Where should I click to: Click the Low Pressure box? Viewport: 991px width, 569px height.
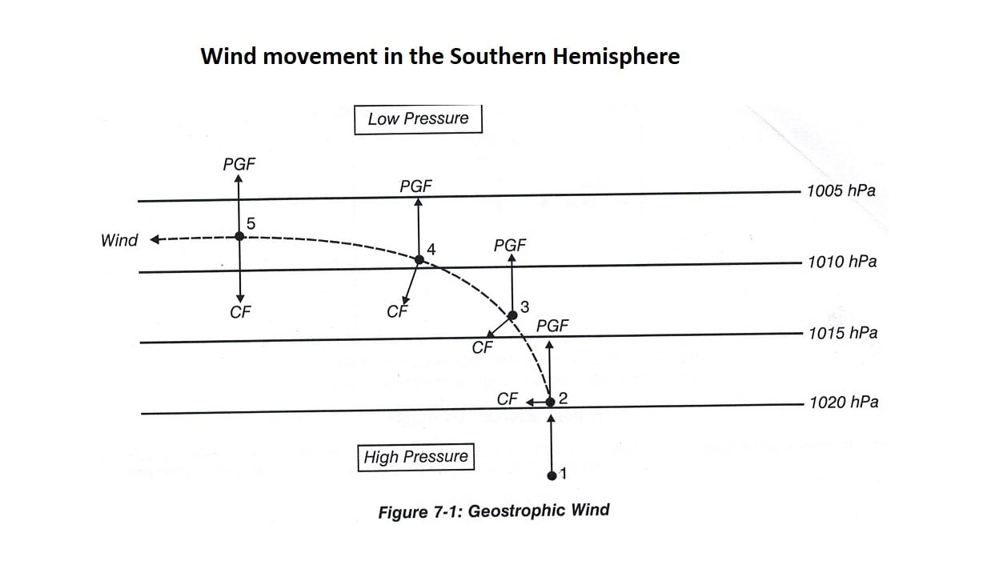(x=418, y=119)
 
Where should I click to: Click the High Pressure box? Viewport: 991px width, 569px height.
(x=415, y=457)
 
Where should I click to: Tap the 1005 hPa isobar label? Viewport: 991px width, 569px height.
(x=841, y=191)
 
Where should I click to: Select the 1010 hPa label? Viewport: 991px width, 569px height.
(x=841, y=262)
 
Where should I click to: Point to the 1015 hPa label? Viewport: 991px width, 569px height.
(x=842, y=333)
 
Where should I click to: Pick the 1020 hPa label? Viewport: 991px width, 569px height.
(x=843, y=403)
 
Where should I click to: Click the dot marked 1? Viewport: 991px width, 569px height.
(x=552, y=475)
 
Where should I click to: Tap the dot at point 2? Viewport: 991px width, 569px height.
(x=550, y=401)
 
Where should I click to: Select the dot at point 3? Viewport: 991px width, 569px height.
(x=513, y=315)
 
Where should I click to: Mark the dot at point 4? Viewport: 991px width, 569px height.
(x=419, y=259)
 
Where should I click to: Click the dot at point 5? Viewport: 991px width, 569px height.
(x=239, y=236)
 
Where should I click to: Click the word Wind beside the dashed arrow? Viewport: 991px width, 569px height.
(x=119, y=240)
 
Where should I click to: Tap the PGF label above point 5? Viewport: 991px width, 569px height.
(x=239, y=164)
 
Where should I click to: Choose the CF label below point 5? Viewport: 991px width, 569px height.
(x=239, y=313)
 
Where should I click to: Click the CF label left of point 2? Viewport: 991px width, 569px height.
(x=508, y=399)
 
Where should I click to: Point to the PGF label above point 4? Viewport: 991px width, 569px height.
(x=415, y=186)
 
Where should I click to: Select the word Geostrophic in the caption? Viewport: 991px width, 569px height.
(x=516, y=511)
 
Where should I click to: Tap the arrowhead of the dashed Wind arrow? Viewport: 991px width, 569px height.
(x=155, y=239)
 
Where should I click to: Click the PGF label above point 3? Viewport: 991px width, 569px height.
(x=510, y=245)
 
